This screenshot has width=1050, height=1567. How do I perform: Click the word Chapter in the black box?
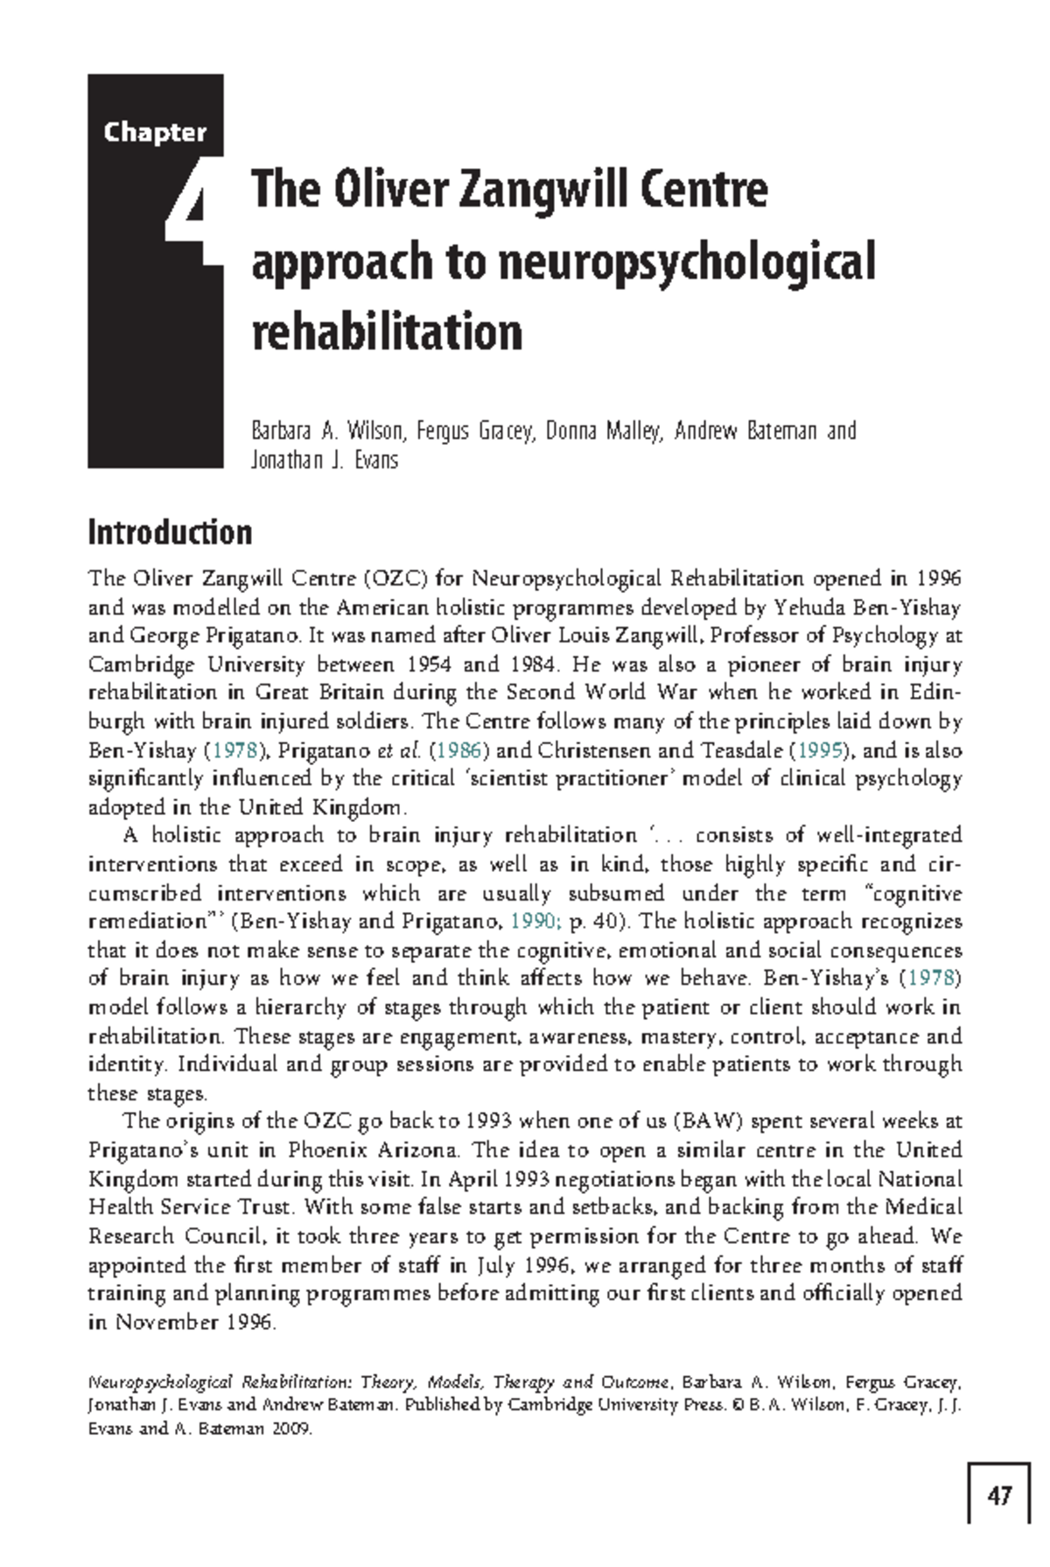[155, 132]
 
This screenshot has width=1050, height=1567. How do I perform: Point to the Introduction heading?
[170, 532]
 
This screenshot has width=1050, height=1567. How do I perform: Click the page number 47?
[999, 1495]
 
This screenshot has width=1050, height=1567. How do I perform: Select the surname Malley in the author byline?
[633, 431]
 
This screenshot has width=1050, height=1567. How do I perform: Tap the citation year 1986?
[457, 750]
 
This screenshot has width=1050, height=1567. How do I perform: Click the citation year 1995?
[820, 750]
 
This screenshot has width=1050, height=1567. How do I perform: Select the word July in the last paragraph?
[495, 1265]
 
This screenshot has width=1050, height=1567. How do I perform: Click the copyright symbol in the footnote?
[737, 1405]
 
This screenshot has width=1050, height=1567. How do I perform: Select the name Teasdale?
[742, 750]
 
